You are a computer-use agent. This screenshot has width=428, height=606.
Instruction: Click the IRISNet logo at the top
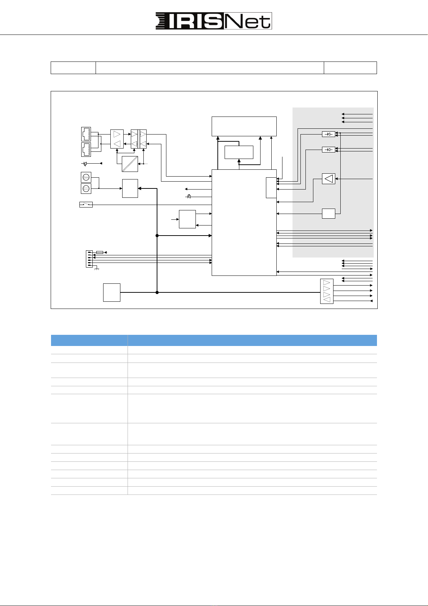pos(213,21)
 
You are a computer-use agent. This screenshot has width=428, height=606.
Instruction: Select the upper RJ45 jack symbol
pos(86,134)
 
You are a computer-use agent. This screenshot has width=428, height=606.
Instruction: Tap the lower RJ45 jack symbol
pos(86,150)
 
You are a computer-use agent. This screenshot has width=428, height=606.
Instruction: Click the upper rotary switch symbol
pos(86,177)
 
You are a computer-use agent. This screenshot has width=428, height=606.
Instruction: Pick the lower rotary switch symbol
pos(86,188)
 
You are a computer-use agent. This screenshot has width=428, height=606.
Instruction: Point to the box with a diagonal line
pos(130,164)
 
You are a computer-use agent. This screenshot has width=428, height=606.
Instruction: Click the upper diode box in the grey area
pos(328,134)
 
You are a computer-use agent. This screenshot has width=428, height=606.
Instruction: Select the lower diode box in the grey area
pos(328,150)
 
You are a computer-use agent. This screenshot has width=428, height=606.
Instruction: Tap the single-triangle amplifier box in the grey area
pos(328,179)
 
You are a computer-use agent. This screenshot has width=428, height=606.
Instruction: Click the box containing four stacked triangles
pos(327,291)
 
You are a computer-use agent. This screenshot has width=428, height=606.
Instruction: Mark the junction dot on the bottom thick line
pos(157,292)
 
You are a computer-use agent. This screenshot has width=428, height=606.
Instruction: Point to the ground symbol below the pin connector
pos(97,269)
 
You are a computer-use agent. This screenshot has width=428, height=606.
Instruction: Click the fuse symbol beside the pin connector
pos(100,252)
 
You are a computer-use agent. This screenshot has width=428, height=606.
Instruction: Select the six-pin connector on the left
pos(89,259)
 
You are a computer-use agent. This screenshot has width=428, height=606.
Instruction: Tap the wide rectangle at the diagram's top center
pos(244,126)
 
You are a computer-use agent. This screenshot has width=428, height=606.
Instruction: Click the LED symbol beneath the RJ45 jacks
pos(85,164)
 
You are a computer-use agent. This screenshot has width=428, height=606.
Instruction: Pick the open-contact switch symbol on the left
pos(86,205)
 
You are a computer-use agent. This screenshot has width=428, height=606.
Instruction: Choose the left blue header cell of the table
pos(89,340)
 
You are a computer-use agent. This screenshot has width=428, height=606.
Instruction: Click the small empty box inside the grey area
pos(328,214)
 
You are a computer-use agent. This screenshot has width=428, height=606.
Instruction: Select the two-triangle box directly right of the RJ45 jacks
pos(117,139)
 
